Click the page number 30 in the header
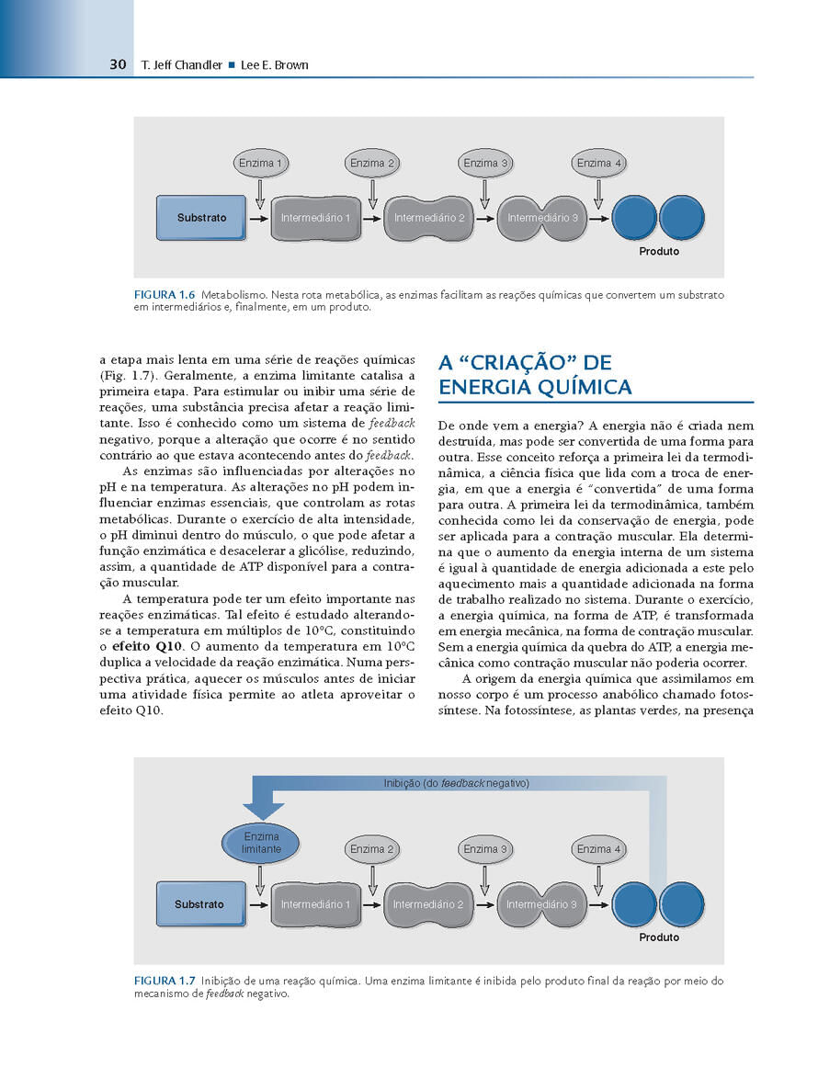pos(117,65)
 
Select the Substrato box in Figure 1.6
pos(201,219)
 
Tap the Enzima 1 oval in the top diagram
pos(260,164)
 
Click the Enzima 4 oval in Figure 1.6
pos(598,164)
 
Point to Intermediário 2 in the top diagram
pos(429,219)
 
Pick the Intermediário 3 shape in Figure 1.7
pos(541,904)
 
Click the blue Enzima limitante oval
pos(261,843)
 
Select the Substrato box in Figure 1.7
pos(199,904)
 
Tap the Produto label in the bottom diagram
pos(659,937)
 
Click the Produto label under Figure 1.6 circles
pos(659,251)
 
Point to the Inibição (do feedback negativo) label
pos(456,783)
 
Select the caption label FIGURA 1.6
pos(165,294)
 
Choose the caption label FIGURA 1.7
pos(165,981)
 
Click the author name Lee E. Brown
pos(274,65)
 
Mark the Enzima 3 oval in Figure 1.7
pos(485,849)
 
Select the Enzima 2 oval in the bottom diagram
pos(372,849)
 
